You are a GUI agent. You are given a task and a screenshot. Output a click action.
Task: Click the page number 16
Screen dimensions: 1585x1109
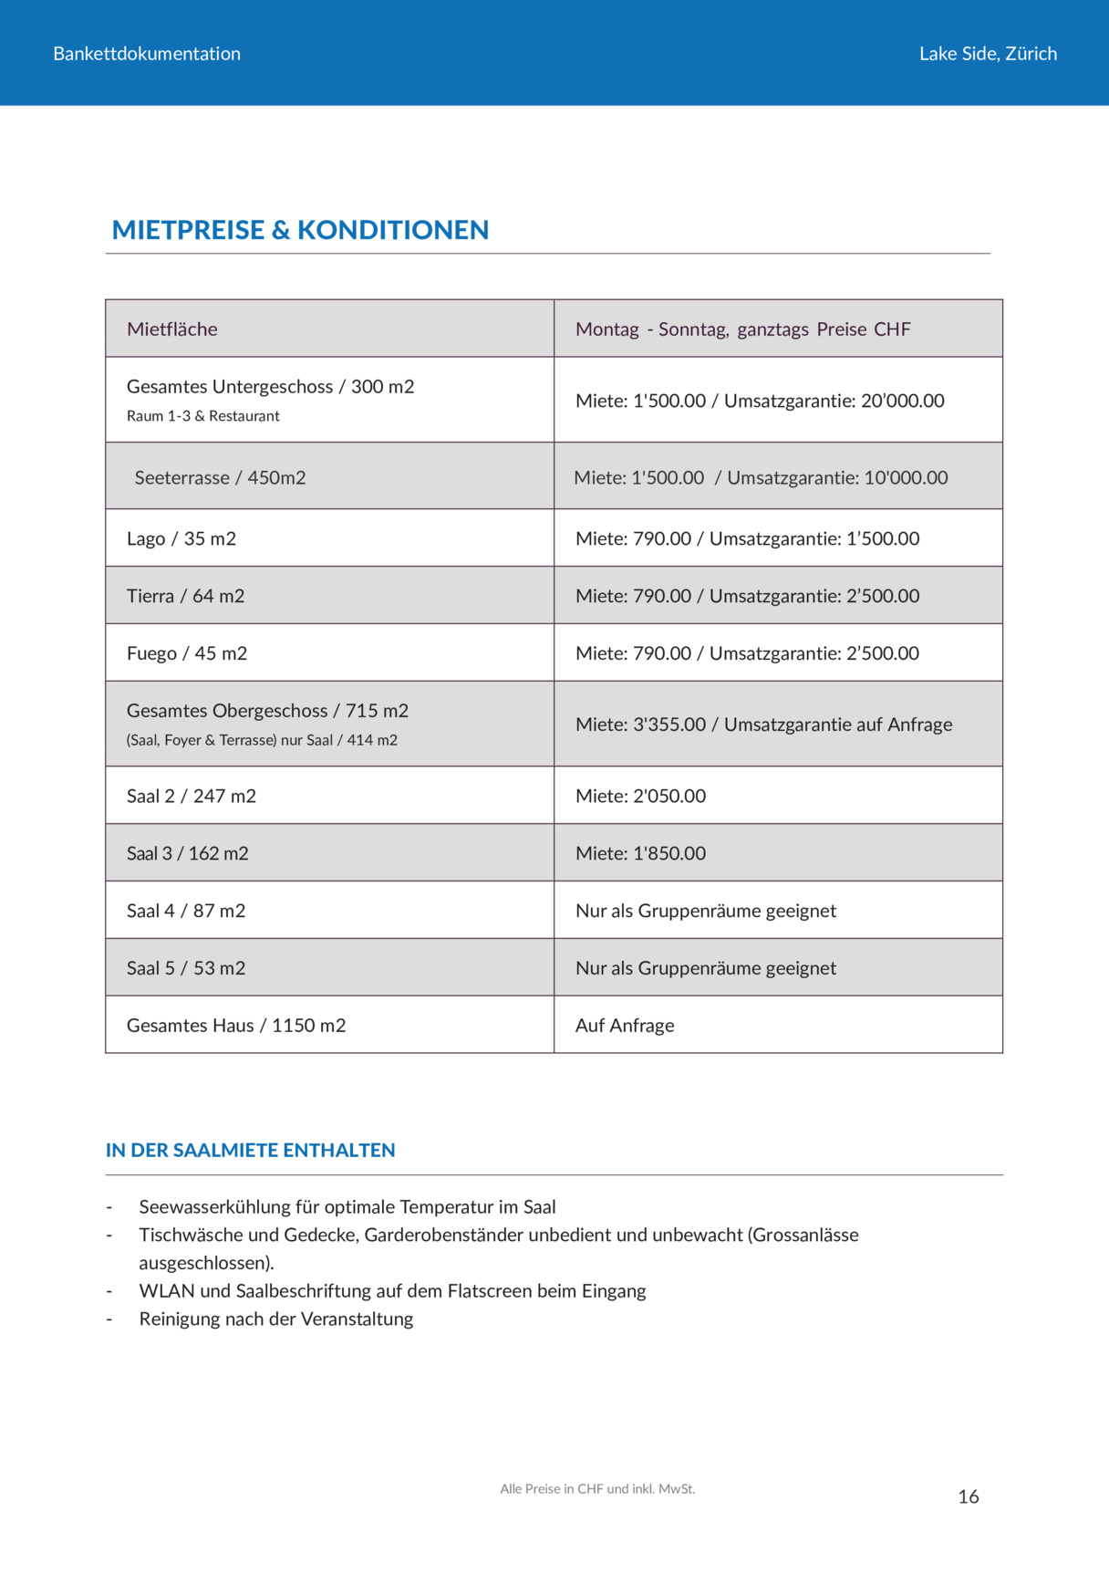(x=968, y=1496)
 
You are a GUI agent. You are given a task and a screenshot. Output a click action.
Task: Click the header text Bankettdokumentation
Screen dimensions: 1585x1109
(x=147, y=54)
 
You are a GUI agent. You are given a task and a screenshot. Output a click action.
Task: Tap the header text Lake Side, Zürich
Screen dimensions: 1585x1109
(x=988, y=54)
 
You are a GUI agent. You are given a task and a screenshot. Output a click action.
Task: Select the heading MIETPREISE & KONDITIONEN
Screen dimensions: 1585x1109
(x=300, y=230)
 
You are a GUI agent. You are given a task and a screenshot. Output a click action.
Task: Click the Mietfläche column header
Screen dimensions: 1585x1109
(x=172, y=329)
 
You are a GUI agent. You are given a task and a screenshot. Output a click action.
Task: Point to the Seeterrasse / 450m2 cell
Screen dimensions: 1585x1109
(x=220, y=478)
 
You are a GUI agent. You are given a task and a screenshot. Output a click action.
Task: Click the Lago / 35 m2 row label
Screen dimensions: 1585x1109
(x=181, y=539)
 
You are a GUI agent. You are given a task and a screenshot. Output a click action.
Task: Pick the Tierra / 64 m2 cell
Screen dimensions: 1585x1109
(x=185, y=597)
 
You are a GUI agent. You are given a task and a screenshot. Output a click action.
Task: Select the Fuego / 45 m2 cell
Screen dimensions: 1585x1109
(x=187, y=654)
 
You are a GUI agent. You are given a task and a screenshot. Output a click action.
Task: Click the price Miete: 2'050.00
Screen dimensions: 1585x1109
(x=640, y=797)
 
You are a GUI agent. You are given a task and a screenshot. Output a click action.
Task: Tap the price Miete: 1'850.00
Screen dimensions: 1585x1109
(x=640, y=854)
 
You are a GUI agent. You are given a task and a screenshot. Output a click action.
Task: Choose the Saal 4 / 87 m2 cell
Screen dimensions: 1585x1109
(x=186, y=912)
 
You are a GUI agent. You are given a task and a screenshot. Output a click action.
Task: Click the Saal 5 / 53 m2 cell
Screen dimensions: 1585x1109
(x=186, y=969)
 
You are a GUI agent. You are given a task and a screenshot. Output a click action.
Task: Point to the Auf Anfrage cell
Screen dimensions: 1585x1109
(x=625, y=1026)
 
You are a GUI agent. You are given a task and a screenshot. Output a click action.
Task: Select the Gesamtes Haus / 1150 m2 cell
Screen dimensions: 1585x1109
(x=236, y=1026)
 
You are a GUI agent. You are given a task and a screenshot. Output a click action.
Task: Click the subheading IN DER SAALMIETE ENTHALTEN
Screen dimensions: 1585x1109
(x=251, y=1151)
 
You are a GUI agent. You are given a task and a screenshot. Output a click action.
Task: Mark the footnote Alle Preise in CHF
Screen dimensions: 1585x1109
(x=597, y=1489)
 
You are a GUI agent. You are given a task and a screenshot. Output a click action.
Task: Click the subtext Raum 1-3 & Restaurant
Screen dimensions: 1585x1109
(x=203, y=416)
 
